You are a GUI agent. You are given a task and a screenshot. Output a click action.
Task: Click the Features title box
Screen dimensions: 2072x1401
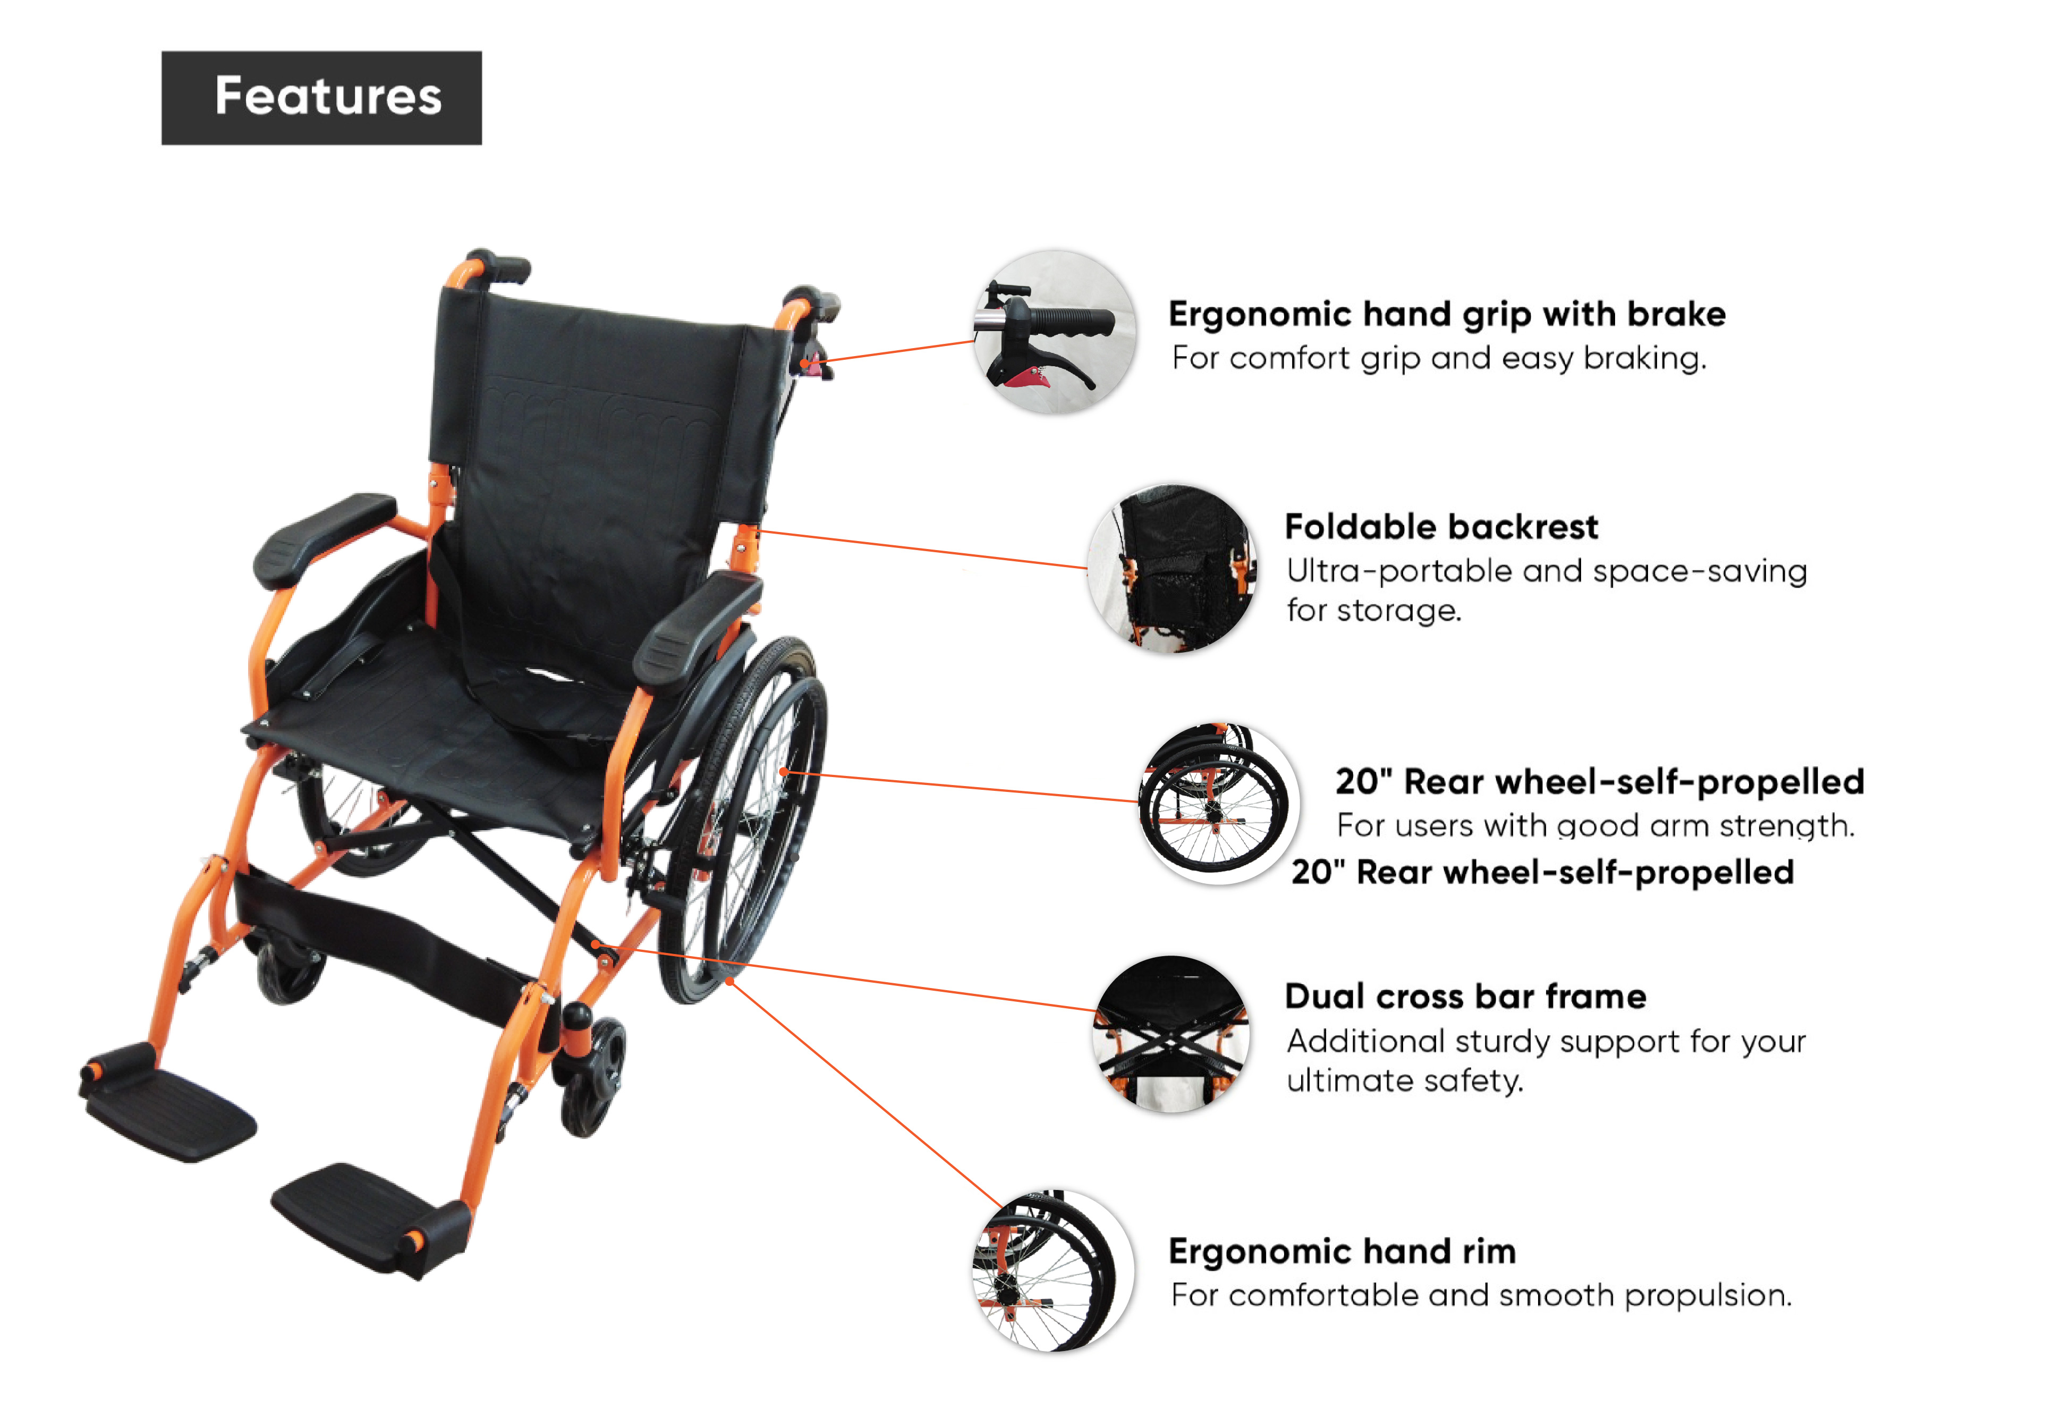coord(322,98)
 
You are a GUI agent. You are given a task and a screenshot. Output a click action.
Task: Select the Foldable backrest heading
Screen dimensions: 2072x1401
coord(1441,527)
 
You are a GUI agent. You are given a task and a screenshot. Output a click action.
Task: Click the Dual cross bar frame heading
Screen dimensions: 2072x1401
coord(1465,996)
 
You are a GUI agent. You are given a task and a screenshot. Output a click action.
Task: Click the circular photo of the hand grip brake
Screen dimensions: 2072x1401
coord(1055,333)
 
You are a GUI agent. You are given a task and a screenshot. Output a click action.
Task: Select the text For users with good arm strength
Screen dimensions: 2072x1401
coord(1595,826)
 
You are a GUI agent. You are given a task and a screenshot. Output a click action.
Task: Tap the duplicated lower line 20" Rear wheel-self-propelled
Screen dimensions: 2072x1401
coord(1542,872)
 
